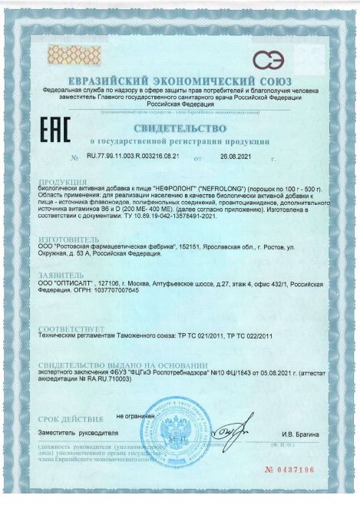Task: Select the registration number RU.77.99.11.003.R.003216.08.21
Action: pyautogui.click(x=134, y=156)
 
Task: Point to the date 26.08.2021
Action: pyautogui.click(x=235, y=156)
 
